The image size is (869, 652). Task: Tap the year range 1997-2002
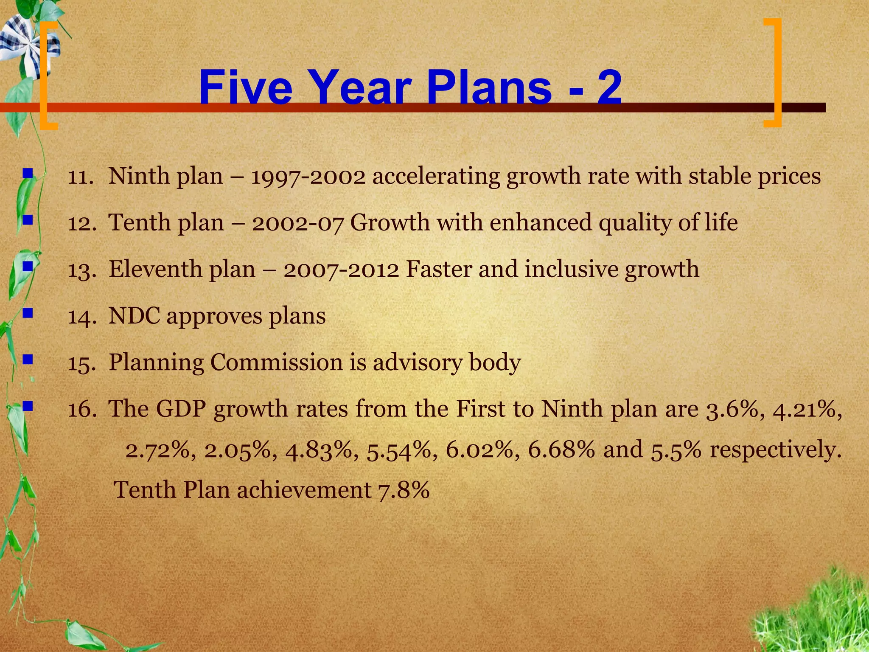coord(308,176)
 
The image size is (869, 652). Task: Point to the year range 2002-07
coord(297,223)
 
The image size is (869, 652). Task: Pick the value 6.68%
coord(561,449)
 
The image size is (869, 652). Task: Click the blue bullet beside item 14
coord(28,314)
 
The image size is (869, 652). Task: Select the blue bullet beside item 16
coord(28,407)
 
